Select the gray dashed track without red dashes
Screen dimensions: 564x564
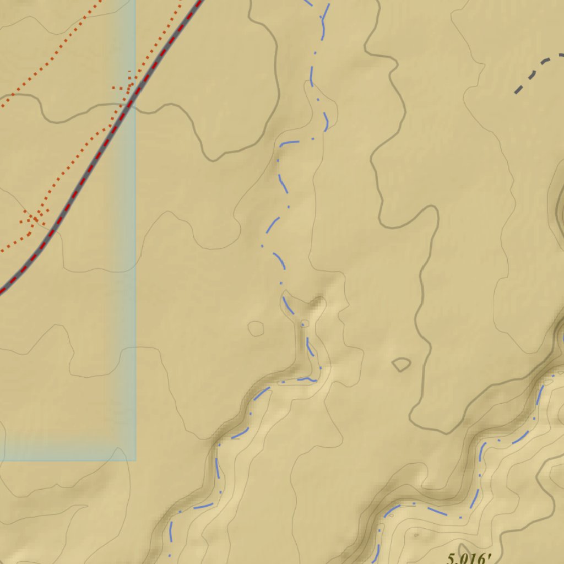pyautogui.click(x=537, y=69)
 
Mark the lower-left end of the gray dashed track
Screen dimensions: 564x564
pyautogui.click(x=516, y=93)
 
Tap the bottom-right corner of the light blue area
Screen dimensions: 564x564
pyautogui.click(x=135, y=460)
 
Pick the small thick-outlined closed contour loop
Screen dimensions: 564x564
pyautogui.click(x=401, y=364)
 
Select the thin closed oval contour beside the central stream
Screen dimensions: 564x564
pyautogui.click(x=256, y=329)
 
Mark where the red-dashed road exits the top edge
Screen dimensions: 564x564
pyautogui.click(x=199, y=2)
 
